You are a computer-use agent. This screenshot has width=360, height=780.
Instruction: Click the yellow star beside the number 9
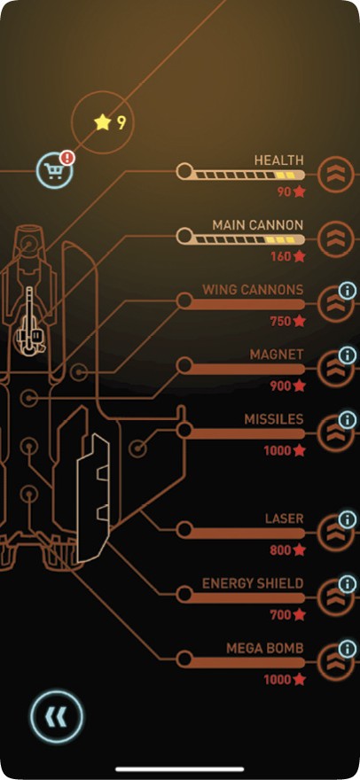[103, 122]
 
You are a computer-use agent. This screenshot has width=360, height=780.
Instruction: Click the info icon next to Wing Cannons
[348, 291]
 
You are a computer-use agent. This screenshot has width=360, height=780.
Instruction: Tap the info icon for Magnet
[348, 355]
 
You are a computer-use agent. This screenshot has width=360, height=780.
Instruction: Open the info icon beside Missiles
[348, 420]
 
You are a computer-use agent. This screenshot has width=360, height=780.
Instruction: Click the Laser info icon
[348, 519]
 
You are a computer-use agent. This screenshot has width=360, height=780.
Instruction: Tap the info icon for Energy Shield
[348, 584]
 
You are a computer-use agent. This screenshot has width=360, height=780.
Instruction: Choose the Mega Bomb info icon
[348, 649]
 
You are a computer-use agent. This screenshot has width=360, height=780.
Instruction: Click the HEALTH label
[278, 160]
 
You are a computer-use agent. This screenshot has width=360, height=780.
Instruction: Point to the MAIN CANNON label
[257, 225]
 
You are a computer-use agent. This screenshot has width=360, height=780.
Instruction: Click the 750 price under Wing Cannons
[280, 322]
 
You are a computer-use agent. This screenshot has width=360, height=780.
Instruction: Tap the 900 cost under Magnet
[280, 386]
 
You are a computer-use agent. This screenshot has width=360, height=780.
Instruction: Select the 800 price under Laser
[280, 550]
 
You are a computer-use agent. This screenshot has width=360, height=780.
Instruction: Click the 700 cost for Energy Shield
[280, 615]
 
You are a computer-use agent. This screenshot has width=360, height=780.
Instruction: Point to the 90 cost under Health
[284, 192]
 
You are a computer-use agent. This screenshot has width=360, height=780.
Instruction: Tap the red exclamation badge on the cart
[67, 158]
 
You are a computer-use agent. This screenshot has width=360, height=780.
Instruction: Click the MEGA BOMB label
[264, 649]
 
